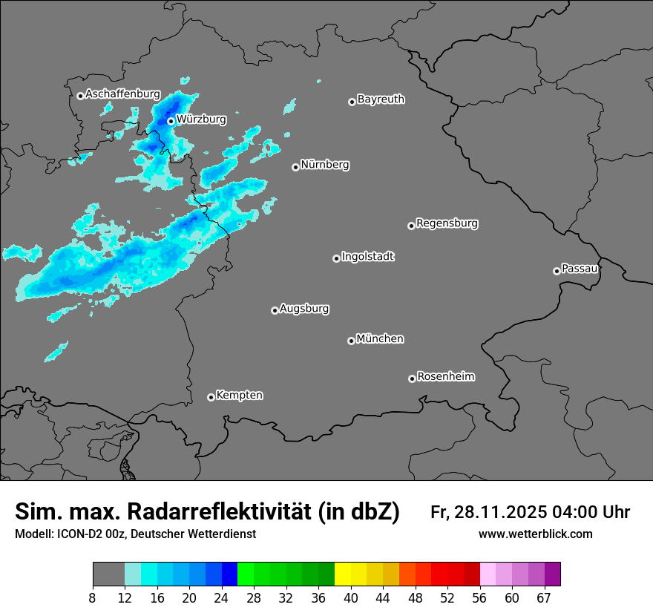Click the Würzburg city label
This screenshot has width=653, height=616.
pos(202,119)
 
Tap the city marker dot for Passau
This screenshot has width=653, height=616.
pos(557,271)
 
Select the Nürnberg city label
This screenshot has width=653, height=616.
pos(325,165)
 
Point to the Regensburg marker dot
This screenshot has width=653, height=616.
pos(411,226)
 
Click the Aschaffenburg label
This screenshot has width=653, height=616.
pos(122,94)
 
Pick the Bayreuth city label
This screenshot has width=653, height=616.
pos(381,99)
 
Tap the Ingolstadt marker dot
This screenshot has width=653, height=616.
pos(336,258)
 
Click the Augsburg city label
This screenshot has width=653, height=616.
pos(304,308)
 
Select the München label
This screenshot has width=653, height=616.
pos(380,338)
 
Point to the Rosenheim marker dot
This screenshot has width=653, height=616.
pos(412,379)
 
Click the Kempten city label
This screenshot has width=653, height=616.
pos(239,395)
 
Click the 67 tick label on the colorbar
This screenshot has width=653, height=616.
pos(544,598)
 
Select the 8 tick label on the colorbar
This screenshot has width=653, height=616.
pos(93,598)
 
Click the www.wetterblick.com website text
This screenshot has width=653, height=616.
pos(535,534)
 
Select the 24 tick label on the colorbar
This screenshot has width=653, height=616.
pos(221,598)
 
